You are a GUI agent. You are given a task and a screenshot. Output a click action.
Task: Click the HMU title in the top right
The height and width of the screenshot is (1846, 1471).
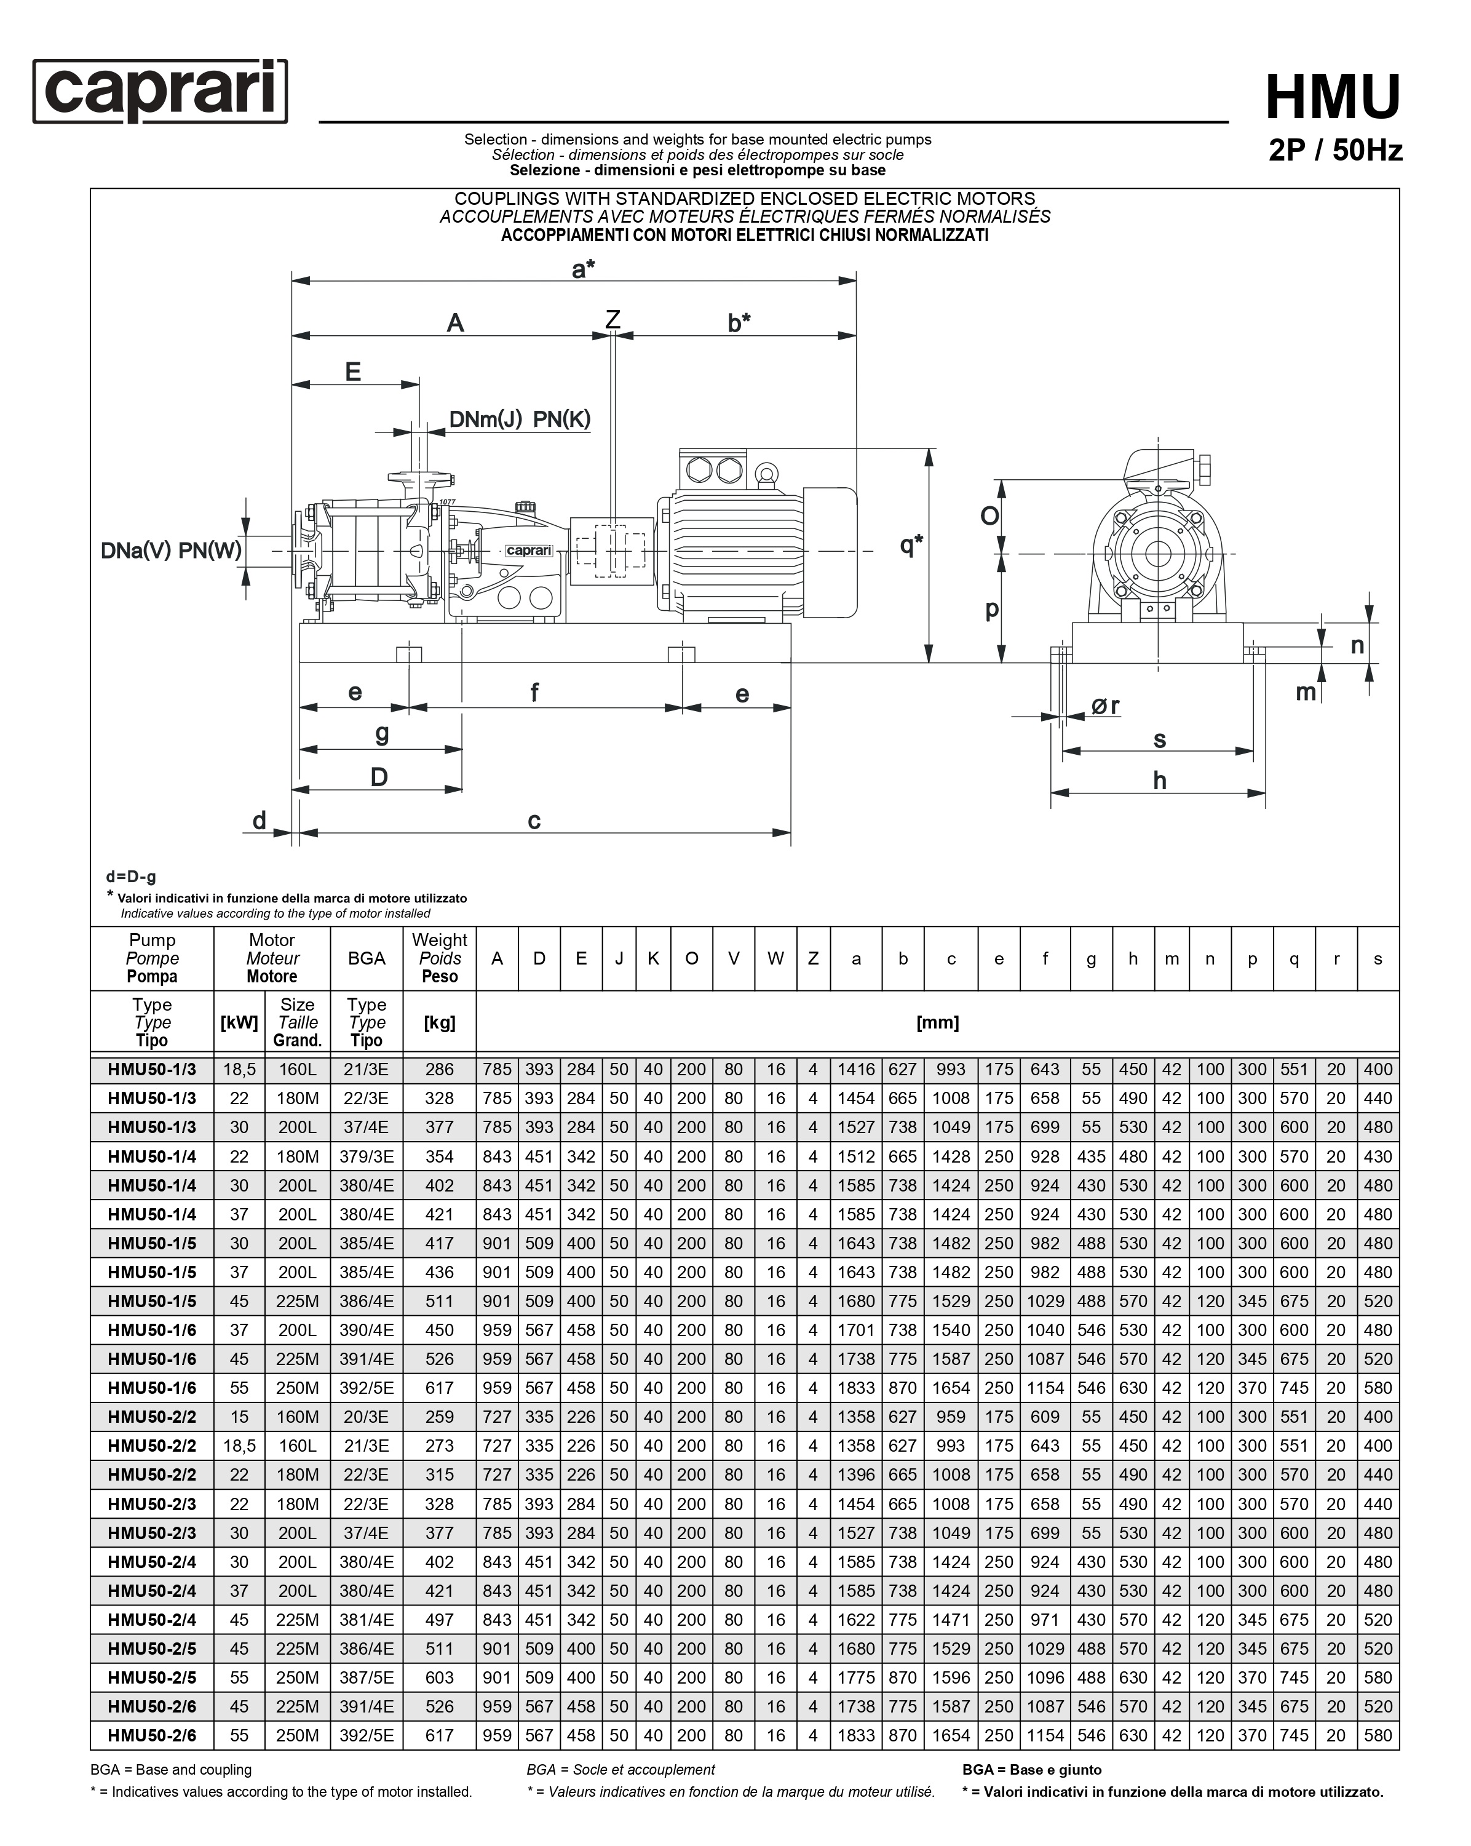[x=1332, y=97]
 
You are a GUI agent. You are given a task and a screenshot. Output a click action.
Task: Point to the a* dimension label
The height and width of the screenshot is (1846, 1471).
[x=583, y=269]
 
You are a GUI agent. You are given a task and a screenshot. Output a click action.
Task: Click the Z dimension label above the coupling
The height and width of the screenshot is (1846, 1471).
[x=613, y=319]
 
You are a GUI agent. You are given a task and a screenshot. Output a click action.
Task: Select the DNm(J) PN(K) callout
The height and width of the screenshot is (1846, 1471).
[x=520, y=420]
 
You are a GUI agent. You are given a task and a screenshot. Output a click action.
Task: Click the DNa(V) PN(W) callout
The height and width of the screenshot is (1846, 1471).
[x=171, y=550]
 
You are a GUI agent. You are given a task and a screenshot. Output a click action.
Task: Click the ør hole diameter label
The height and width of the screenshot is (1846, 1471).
[x=1104, y=706]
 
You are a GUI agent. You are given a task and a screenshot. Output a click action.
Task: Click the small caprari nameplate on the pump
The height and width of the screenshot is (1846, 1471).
[x=528, y=551]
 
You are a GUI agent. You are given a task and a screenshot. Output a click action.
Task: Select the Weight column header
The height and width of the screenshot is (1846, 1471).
[x=439, y=958]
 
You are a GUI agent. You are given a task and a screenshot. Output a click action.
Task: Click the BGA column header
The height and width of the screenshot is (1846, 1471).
[x=367, y=958]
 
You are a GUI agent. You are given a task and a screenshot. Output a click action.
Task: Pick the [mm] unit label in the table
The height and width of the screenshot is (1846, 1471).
[x=938, y=1022]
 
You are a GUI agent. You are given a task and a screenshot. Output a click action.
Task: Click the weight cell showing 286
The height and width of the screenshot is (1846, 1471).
[x=439, y=1070]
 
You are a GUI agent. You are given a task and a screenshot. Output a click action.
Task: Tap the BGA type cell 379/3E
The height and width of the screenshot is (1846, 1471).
[x=367, y=1156]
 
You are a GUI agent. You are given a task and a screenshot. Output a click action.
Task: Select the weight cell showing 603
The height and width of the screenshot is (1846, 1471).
[x=439, y=1678]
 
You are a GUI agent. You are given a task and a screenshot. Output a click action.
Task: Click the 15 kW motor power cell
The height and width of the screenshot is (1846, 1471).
[x=239, y=1417]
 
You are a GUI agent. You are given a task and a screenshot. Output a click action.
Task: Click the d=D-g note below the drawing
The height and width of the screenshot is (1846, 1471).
[x=131, y=877]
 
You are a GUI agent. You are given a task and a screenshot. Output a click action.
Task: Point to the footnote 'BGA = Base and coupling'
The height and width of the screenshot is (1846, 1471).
[x=171, y=1770]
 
